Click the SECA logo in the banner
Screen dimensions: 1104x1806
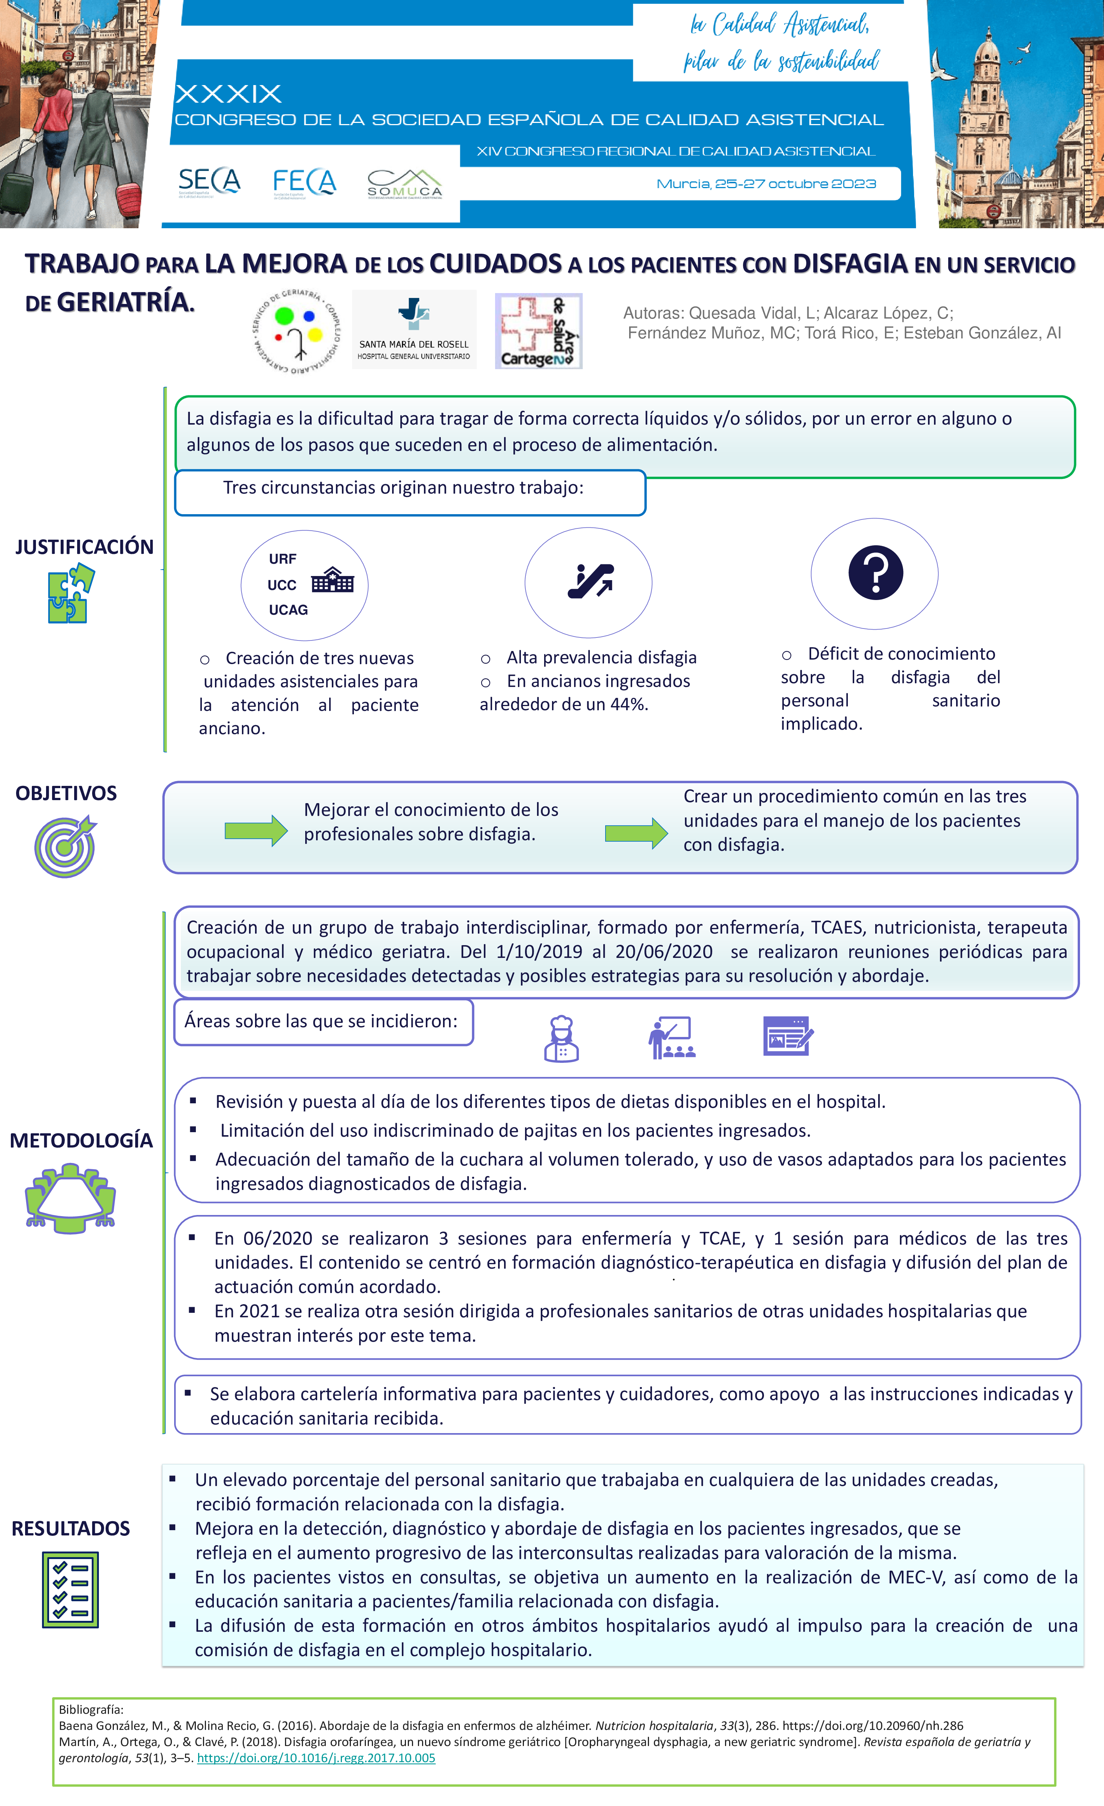click(209, 182)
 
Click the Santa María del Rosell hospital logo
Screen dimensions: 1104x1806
click(414, 329)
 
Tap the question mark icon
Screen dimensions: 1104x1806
click(876, 572)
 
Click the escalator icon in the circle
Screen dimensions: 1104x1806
click(591, 581)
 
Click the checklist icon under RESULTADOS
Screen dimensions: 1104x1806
click(70, 1590)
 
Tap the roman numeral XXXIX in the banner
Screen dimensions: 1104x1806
click(228, 94)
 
